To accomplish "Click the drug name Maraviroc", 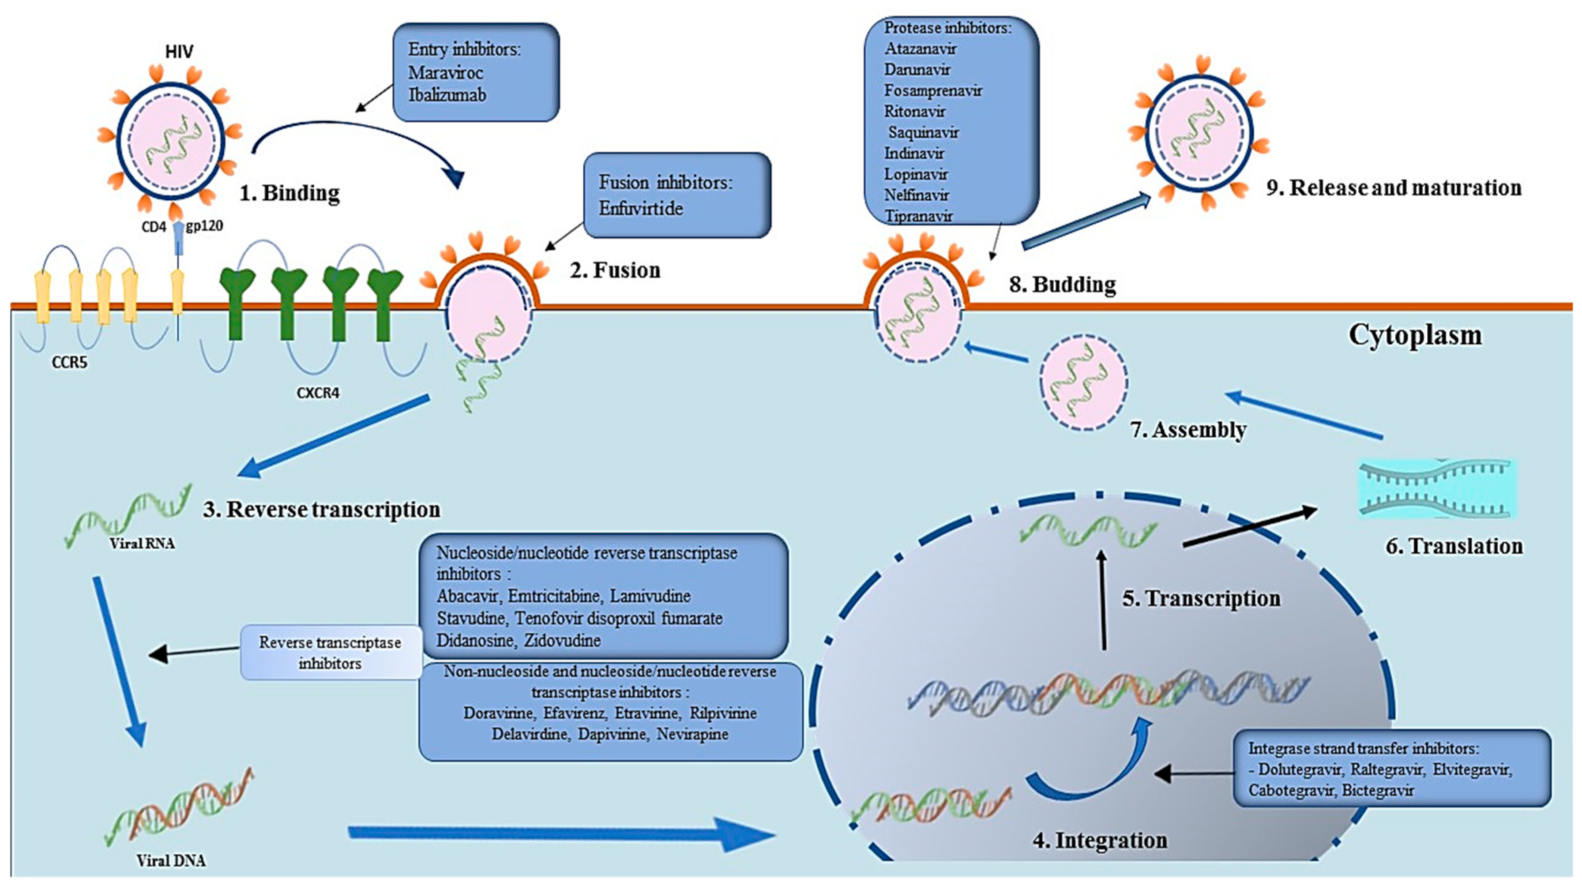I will (x=445, y=72).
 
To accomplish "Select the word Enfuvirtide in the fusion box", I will (x=641, y=208).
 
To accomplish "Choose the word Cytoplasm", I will (x=1415, y=335).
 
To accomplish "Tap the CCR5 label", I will (x=69, y=363).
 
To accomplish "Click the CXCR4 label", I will (x=318, y=393).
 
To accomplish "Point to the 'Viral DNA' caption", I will (x=171, y=861).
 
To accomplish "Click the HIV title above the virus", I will (x=179, y=52).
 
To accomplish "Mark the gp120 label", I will (x=204, y=226).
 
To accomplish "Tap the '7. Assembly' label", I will (x=1188, y=430).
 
